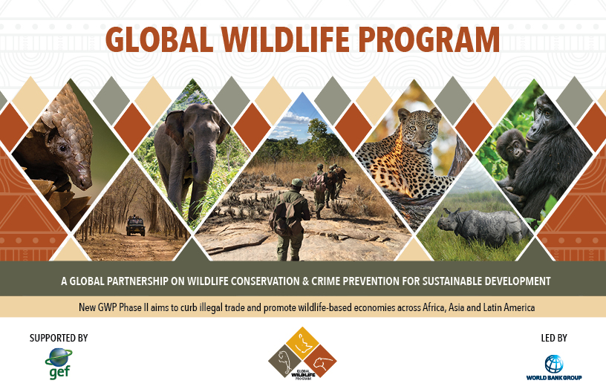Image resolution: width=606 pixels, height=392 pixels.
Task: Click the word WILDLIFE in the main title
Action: (286, 39)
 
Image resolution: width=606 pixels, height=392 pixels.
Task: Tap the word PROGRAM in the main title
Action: (429, 39)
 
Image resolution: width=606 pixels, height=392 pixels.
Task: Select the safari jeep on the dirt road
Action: (136, 226)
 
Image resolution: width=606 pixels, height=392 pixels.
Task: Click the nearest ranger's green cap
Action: (296, 182)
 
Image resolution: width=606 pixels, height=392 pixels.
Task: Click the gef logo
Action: (59, 364)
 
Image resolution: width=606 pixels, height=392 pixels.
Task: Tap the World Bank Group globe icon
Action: (554, 364)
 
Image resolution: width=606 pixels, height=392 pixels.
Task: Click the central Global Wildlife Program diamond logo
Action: (302, 353)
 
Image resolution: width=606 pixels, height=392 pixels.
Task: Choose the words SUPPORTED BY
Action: (59, 338)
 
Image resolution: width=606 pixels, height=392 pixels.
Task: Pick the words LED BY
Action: (554, 338)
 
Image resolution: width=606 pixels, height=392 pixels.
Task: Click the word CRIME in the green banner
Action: (326, 281)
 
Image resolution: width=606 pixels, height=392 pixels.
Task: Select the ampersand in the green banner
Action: (306, 281)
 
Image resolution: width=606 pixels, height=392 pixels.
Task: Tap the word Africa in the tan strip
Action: (434, 308)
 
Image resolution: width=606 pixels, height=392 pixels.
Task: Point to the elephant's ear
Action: (175, 127)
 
